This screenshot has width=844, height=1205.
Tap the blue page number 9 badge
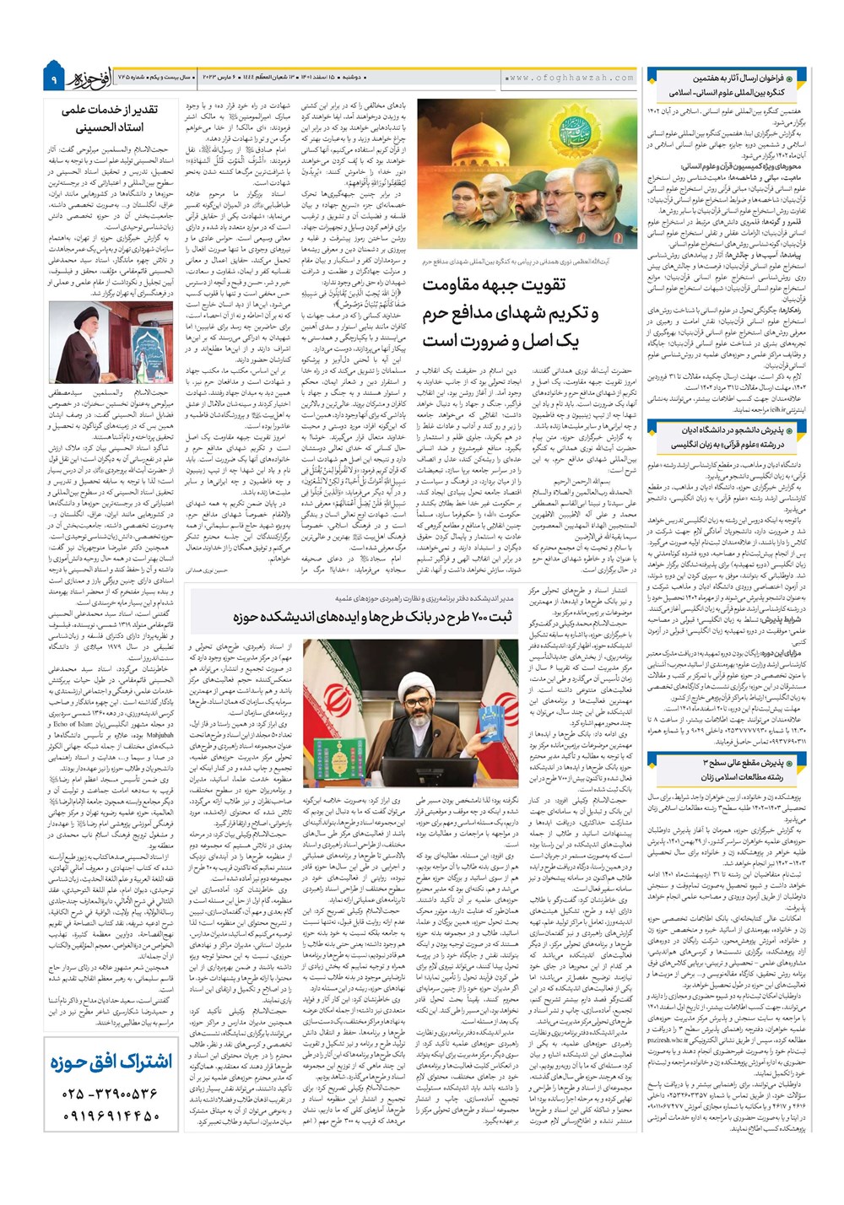pyautogui.click(x=52, y=78)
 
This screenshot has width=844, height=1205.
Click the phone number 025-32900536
pyautogui.click(x=109, y=1094)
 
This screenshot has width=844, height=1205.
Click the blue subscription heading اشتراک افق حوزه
pyautogui.click(x=110, y=1061)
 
